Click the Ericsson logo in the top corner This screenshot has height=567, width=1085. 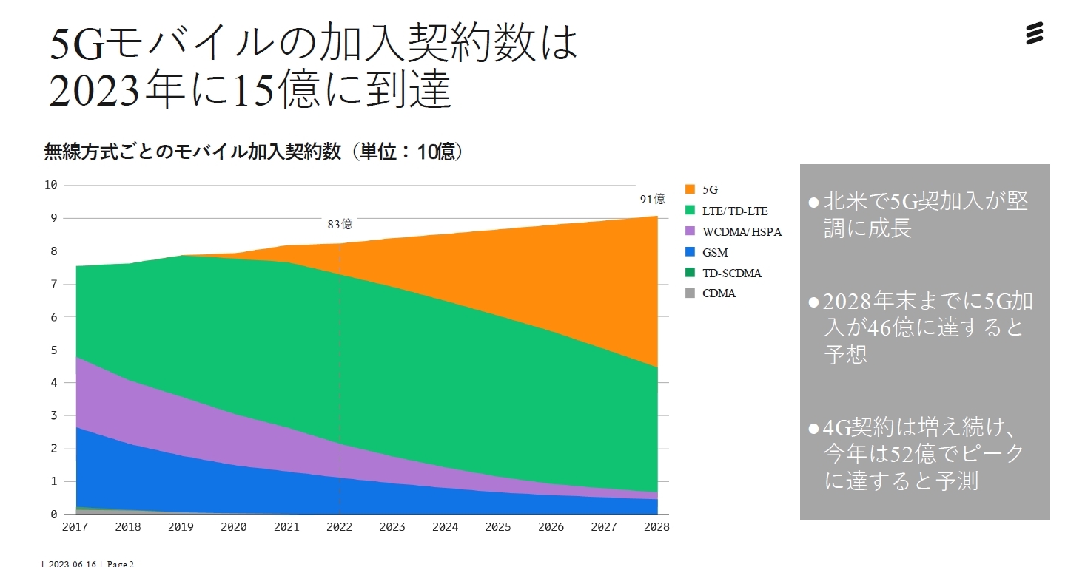1034,33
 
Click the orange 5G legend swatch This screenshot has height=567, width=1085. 691,190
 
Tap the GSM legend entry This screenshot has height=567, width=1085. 715,252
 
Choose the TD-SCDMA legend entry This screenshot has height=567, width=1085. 731,273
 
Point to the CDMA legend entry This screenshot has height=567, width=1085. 719,293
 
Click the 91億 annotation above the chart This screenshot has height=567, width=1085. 652,199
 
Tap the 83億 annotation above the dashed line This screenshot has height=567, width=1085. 340,224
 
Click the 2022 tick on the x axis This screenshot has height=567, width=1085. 340,527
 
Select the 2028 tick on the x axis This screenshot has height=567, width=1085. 656,527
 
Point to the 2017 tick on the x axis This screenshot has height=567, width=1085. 76,527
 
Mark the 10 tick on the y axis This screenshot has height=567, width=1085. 50,185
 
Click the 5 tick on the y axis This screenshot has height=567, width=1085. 53,350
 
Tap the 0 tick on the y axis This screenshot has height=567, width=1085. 53,515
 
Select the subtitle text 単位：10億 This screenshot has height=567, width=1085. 406,152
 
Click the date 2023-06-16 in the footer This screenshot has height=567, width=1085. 72,563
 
